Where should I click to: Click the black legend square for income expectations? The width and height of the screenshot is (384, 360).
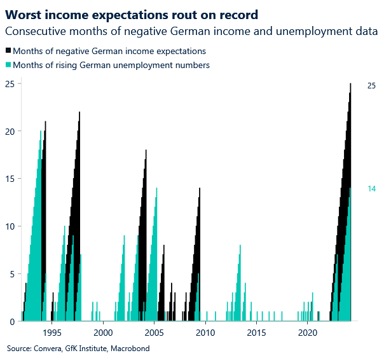[x=8, y=51]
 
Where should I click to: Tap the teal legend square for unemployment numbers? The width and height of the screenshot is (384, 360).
[x=8, y=65]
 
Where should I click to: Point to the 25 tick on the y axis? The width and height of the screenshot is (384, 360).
[x=10, y=83]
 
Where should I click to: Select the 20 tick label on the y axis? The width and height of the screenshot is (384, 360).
[x=10, y=131]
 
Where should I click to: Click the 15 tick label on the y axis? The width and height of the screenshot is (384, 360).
[x=10, y=179]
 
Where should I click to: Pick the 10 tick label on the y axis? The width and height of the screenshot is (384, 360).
[x=10, y=226]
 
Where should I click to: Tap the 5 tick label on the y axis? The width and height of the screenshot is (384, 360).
[x=13, y=274]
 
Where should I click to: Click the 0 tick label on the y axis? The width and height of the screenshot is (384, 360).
[x=13, y=322]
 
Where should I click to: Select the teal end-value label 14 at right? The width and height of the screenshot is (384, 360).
[x=372, y=189]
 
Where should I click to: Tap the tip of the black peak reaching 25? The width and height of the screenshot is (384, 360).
[x=350, y=84]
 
